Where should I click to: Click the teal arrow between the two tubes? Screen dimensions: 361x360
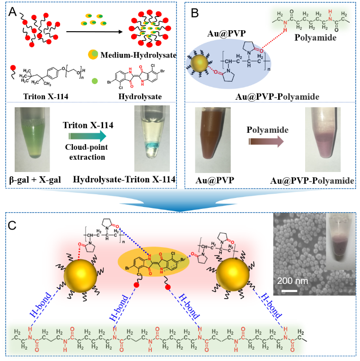tap(87, 136)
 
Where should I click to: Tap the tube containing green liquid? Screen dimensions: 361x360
tap(32, 139)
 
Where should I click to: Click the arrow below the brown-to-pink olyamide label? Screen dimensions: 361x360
tap(266, 141)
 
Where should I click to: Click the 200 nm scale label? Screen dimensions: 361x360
tap(292, 281)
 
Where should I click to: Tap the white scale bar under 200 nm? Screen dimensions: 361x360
tap(289, 290)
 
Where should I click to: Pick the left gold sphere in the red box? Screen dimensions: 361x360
tap(80, 275)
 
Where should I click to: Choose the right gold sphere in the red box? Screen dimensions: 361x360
tap(232, 275)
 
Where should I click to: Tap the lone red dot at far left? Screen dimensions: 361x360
tap(13, 68)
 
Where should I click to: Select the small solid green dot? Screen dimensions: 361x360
tap(95, 81)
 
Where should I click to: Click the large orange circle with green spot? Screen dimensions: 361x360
tap(93, 54)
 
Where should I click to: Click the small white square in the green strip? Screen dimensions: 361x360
tap(10, 349)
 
